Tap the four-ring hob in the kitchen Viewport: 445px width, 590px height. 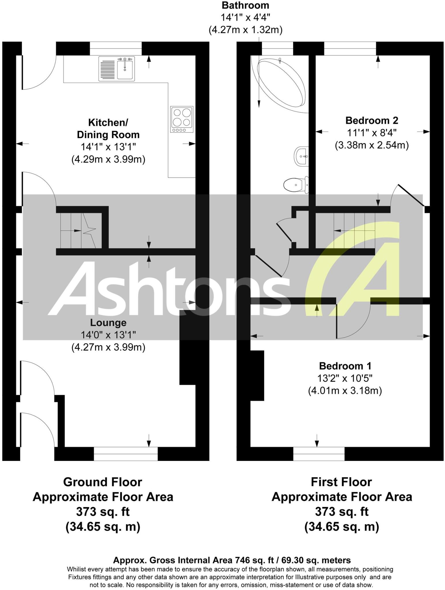tap(182, 119)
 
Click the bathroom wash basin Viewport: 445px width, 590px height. tap(301, 156)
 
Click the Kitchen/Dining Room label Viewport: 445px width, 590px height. tap(108, 128)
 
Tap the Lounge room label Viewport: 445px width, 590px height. tap(108, 322)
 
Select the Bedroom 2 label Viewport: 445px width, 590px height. tap(372, 120)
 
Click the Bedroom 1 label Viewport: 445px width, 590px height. tap(345, 366)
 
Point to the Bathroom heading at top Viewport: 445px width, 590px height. tap(245, 5)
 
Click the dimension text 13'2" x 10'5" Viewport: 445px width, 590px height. tap(345, 378)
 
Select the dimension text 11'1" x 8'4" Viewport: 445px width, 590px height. tap(372, 133)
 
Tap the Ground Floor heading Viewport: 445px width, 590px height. tap(102, 482)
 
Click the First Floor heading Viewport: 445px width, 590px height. tap(341, 482)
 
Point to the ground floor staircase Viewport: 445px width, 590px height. tap(78, 230)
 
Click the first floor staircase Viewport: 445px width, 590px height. tap(354, 230)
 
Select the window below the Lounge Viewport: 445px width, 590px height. tap(126, 454)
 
